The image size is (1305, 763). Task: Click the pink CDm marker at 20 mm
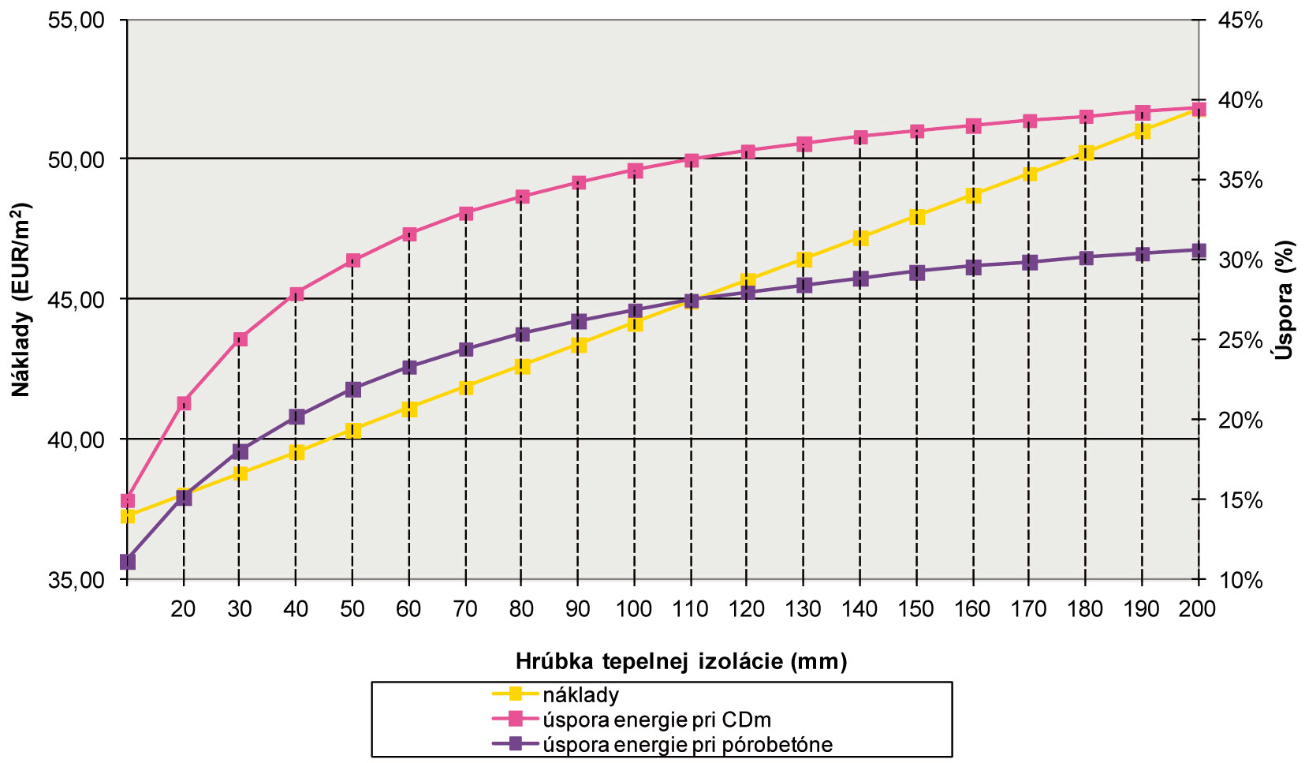(184, 403)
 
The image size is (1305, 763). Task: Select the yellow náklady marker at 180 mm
(1086, 153)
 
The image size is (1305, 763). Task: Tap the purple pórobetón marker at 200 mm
(1199, 250)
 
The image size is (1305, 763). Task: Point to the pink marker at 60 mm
(409, 234)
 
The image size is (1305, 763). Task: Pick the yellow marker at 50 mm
(352, 430)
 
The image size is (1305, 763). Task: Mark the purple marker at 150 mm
(916, 272)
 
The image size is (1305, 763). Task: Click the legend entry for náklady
(580, 695)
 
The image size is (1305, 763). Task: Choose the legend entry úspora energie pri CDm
(656, 720)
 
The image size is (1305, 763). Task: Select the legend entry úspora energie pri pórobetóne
(687, 744)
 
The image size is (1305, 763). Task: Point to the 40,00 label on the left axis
(76, 440)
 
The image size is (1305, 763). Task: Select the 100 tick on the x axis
(634, 609)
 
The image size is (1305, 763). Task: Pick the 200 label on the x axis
(1198, 609)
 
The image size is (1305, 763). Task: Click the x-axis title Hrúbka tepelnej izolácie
(681, 660)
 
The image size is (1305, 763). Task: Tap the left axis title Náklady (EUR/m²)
(21, 300)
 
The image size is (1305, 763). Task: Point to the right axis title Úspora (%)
(1286, 300)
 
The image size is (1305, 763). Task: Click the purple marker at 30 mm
(240, 452)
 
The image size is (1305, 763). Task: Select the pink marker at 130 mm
(804, 144)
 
